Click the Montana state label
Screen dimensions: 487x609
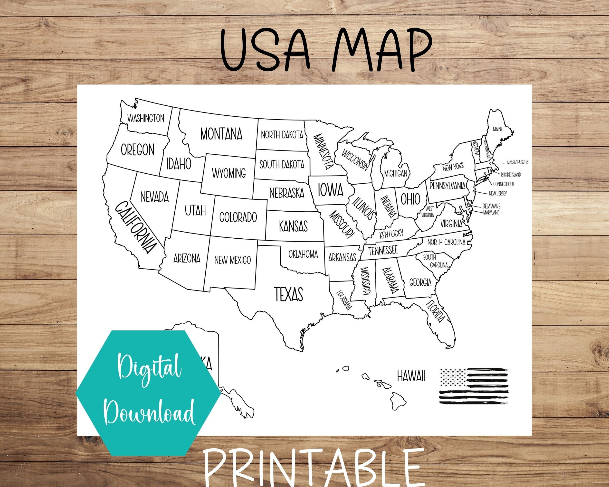(x=221, y=134)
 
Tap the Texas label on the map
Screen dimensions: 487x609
(x=288, y=294)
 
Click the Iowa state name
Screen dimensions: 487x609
(x=331, y=190)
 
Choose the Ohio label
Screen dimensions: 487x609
(x=410, y=199)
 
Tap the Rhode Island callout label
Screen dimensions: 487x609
(x=511, y=175)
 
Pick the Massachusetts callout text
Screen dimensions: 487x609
(x=517, y=162)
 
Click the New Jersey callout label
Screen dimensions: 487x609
(x=498, y=194)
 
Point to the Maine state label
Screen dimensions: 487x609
(x=498, y=129)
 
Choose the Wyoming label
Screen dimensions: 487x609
(x=229, y=173)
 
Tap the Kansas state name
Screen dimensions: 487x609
(x=293, y=226)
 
